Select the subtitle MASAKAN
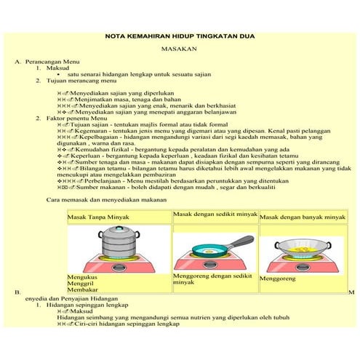[x=179, y=51]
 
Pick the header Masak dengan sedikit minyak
[x=215, y=215]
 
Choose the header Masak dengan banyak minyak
[x=303, y=217]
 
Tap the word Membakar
[x=82, y=292]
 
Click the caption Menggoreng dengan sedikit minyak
[x=212, y=279]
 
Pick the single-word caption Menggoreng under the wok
[x=279, y=278]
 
